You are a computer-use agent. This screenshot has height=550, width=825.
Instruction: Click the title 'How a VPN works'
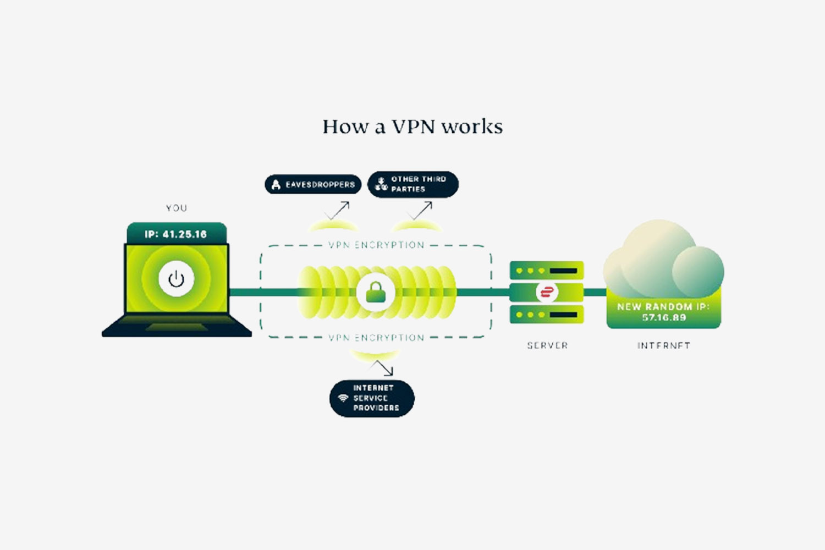(413, 127)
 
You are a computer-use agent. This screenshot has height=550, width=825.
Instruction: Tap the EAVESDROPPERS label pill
(313, 185)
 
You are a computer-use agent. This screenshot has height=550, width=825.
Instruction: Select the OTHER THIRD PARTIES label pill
(413, 184)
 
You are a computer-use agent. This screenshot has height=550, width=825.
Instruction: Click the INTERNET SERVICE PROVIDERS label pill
(372, 398)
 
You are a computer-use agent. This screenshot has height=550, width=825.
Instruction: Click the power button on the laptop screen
(176, 279)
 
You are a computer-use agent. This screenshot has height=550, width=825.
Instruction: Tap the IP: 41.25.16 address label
(176, 234)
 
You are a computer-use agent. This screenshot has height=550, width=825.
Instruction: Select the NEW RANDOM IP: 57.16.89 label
(663, 312)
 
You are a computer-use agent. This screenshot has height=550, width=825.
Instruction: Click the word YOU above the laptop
(177, 208)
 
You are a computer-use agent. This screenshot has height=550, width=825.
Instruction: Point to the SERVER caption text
(547, 345)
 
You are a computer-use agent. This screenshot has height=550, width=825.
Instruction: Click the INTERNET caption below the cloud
(663, 345)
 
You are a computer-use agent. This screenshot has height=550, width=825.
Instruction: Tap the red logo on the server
(547, 292)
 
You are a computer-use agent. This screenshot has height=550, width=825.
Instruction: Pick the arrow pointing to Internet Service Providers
(383, 368)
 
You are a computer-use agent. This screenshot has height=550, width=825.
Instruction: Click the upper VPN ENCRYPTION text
(376, 245)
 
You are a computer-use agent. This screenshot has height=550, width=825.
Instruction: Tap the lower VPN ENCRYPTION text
(376, 338)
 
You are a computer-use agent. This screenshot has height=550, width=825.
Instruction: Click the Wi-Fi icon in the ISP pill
(343, 398)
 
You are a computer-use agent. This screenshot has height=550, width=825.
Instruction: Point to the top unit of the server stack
(547, 271)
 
